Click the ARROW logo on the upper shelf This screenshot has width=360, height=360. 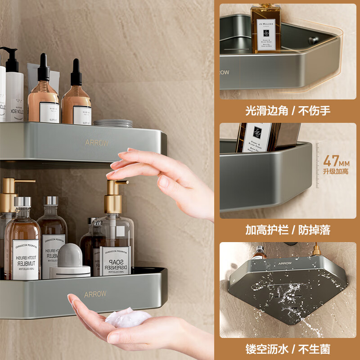pyautogui.click(x=97, y=143)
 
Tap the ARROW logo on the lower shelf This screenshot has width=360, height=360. pyautogui.click(x=95, y=294)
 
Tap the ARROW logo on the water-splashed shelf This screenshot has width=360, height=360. pyautogui.click(x=285, y=263)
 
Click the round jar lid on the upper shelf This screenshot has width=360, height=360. pyautogui.click(x=113, y=123)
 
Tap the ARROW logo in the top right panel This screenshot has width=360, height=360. pyautogui.click(x=224, y=72)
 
